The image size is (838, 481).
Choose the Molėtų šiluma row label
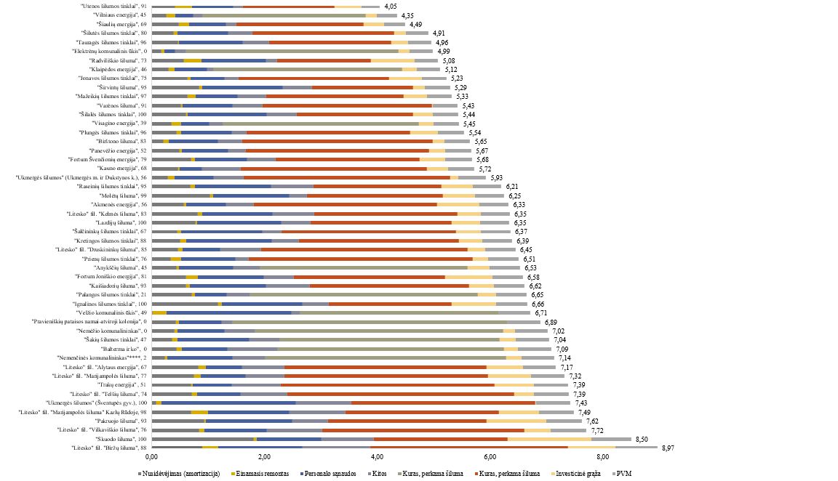click(x=121, y=195)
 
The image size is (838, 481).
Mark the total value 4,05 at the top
click(x=392, y=7)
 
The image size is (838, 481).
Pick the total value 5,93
click(x=498, y=177)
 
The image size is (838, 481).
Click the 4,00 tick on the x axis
click(x=377, y=457)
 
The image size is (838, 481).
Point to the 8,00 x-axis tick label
click(x=602, y=457)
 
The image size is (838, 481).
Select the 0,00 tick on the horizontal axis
click(x=151, y=457)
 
